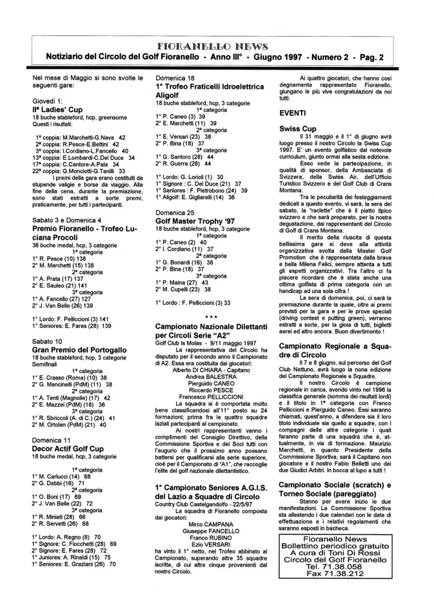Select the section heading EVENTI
[292, 113]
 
